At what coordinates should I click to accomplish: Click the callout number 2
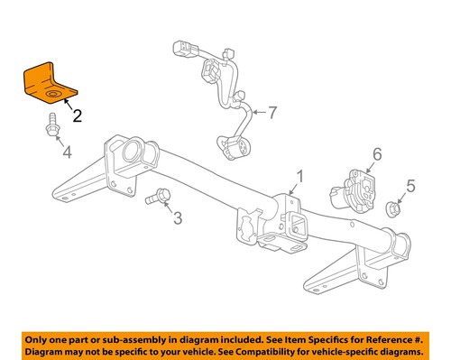(78, 115)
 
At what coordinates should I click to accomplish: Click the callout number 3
(177, 217)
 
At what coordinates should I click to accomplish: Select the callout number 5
(410, 187)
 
